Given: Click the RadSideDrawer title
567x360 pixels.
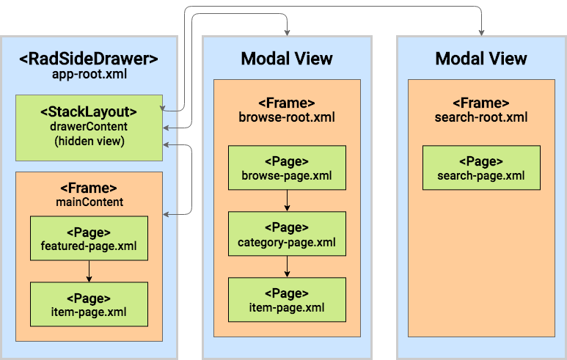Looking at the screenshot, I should coord(89,58).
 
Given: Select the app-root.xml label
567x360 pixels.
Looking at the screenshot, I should coord(89,75).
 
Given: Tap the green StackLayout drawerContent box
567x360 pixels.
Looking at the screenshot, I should coord(89,128).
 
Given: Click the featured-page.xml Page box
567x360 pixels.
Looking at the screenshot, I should coord(89,238).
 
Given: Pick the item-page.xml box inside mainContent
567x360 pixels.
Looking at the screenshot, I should coord(89,304).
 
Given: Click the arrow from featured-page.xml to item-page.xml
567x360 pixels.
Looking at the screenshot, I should coord(89,271).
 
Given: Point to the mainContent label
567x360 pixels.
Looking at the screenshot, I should coord(89,202).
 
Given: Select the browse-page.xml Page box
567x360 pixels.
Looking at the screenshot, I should coord(287,168).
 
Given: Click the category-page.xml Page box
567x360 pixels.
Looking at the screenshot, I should coord(287,234).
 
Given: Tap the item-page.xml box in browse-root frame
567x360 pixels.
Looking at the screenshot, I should coord(287,299).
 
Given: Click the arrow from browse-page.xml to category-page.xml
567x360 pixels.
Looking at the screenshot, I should coord(287,201).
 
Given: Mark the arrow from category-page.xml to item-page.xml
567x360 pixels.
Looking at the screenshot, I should coord(287,267).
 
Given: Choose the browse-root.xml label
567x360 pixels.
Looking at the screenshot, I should coord(287,117).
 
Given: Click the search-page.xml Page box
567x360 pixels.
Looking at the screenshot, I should coord(481,168).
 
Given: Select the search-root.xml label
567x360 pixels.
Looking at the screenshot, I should coord(481,117).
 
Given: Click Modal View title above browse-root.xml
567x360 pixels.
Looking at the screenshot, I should coord(287,59).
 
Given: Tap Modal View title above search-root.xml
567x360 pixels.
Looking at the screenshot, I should coord(481,59).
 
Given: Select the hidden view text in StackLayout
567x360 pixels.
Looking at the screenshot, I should coord(89,141).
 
